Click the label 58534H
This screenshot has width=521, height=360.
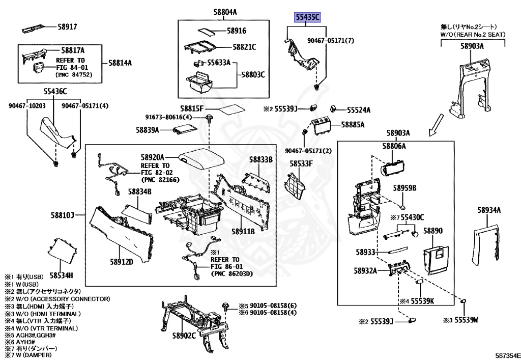(61, 275)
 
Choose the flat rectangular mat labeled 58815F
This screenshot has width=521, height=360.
(227, 110)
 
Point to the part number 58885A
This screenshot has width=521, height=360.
(353, 124)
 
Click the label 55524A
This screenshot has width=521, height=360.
(359, 109)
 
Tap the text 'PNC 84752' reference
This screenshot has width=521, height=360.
(78, 74)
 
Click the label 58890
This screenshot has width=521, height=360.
(433, 231)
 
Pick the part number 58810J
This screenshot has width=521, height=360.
(62, 215)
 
